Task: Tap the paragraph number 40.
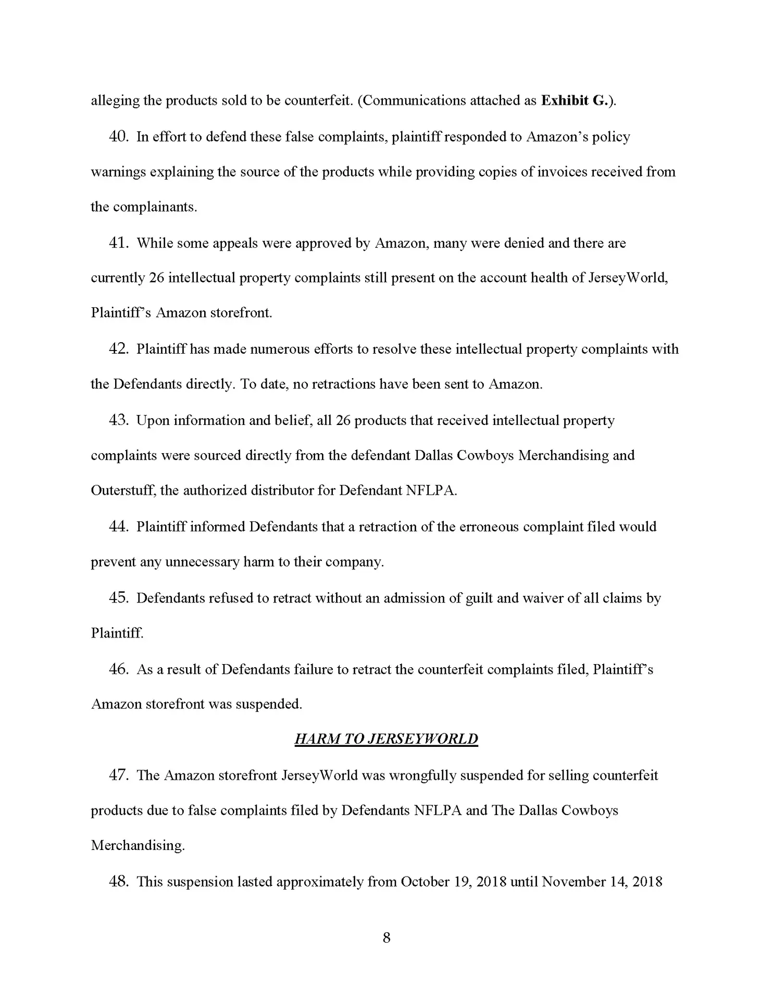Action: click(119, 136)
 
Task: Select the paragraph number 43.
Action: click(119, 420)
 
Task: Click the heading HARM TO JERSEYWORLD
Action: click(386, 739)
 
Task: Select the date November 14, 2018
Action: click(602, 882)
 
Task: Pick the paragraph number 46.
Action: click(119, 669)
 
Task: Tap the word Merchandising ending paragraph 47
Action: click(138, 845)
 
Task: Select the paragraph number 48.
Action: click(119, 881)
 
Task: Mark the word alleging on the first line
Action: click(115, 101)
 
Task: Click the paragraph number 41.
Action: click(119, 243)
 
